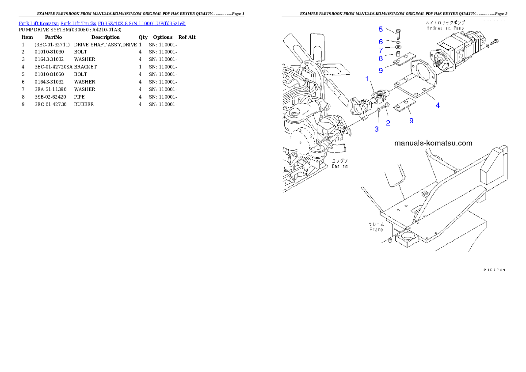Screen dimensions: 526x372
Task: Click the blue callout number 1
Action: (366, 79)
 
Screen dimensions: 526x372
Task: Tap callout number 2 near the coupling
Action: (388, 123)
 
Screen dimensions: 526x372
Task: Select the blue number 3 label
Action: (377, 129)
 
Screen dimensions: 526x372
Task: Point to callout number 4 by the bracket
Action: (438, 105)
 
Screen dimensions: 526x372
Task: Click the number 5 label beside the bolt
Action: (381, 30)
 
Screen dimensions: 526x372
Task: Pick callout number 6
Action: (381, 42)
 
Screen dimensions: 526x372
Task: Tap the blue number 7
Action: (381, 50)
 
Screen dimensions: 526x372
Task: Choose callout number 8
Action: (381, 58)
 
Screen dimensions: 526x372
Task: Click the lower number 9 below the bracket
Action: (411, 120)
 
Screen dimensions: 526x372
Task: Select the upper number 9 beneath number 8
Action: (381, 70)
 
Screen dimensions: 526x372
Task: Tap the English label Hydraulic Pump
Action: (445, 28)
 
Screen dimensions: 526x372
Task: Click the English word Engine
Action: (340, 166)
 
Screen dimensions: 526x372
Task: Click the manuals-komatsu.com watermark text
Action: (433, 143)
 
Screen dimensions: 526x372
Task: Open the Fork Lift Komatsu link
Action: (38, 23)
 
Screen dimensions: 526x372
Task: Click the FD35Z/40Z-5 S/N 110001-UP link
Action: (141, 23)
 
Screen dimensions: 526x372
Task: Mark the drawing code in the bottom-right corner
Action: (494, 269)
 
